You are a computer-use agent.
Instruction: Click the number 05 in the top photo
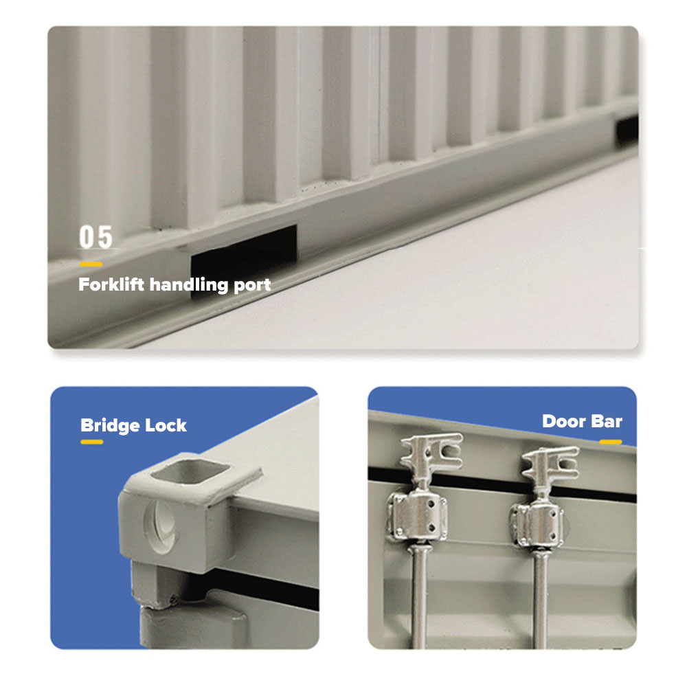[x=96, y=237]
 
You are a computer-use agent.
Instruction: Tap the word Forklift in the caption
[x=111, y=284]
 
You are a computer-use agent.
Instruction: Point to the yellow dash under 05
[x=91, y=264]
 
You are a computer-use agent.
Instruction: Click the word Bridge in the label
[x=110, y=426]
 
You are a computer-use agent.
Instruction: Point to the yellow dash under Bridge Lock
[x=92, y=442]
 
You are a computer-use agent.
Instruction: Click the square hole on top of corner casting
[x=190, y=472]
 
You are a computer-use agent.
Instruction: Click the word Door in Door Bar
[x=564, y=422]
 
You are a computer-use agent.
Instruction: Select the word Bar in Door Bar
[x=607, y=422]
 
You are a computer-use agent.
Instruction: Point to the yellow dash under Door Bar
[x=611, y=442]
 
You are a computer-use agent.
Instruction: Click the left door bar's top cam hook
[x=431, y=453]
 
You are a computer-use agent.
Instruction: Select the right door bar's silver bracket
[x=538, y=526]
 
